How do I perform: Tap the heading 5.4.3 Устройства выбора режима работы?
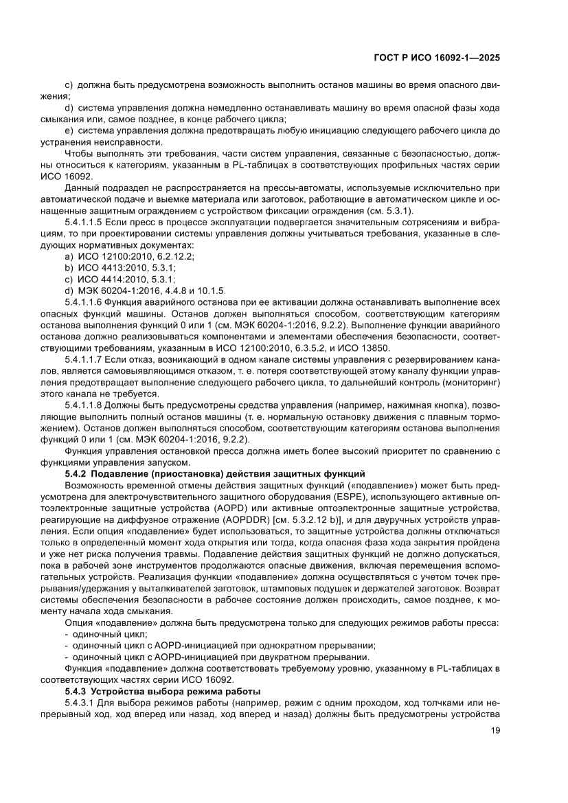pos(158,690)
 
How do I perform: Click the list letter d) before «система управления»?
pos(69,108)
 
